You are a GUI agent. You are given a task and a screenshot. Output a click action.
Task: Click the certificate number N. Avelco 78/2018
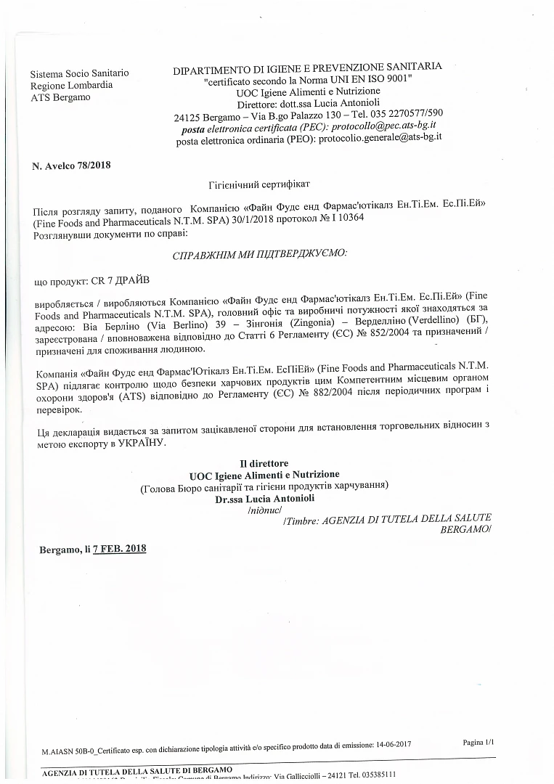click(71, 166)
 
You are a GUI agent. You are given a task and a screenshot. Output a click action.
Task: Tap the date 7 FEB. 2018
click(120, 549)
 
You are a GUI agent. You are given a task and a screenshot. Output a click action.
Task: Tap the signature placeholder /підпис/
click(259, 511)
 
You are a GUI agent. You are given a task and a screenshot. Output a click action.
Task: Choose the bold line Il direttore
click(264, 463)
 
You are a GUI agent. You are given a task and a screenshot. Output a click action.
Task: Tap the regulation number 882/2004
click(396, 398)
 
